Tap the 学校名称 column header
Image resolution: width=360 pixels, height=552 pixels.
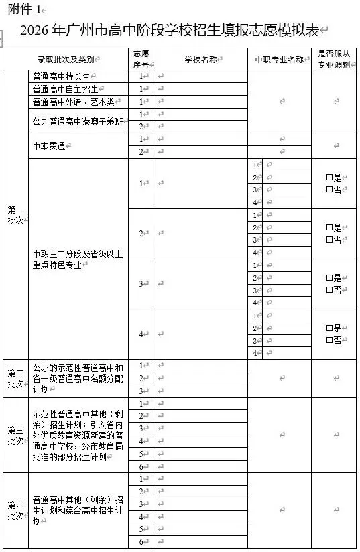click(x=200, y=60)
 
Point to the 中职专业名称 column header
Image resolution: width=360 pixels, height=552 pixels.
click(x=279, y=60)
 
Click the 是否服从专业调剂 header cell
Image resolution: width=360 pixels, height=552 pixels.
click(x=334, y=60)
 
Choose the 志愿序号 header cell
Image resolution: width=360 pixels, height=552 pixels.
click(x=141, y=60)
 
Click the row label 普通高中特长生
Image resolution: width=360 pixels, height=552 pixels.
click(x=64, y=76)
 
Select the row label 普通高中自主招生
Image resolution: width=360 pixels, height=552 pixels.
click(x=64, y=89)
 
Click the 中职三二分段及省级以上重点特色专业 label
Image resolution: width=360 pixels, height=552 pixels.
click(x=78, y=259)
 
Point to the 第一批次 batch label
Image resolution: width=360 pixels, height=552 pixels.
click(x=15, y=214)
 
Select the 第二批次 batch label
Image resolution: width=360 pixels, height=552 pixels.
click(x=15, y=378)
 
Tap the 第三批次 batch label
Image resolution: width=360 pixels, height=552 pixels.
click(x=15, y=435)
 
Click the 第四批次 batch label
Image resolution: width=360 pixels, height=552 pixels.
click(x=15, y=510)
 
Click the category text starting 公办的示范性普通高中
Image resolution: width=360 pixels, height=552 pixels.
click(x=78, y=378)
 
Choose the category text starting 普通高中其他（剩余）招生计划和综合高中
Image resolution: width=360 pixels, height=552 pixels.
click(x=78, y=510)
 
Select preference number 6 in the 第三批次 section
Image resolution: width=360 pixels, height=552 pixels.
click(x=141, y=466)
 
